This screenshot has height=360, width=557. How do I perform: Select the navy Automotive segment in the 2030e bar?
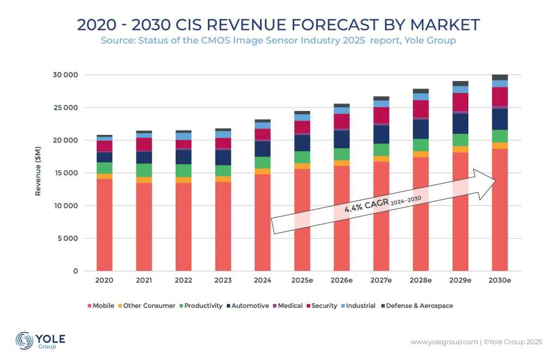coord(499,119)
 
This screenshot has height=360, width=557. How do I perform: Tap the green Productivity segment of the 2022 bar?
coord(183,171)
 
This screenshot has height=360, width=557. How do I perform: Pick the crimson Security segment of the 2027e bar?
coord(381,115)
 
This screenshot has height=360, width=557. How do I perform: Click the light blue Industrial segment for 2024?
coord(262,126)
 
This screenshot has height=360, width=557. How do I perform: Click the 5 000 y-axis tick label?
coord(69,239)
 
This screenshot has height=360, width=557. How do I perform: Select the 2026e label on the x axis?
coord(342,281)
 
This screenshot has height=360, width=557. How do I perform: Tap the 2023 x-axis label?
coord(223,281)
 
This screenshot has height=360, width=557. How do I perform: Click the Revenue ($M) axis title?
coord(39,172)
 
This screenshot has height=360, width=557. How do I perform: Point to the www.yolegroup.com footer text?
coord(444,342)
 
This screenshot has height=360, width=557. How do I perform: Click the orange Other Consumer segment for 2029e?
coord(460,150)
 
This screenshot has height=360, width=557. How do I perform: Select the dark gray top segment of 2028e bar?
coord(420,91)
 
